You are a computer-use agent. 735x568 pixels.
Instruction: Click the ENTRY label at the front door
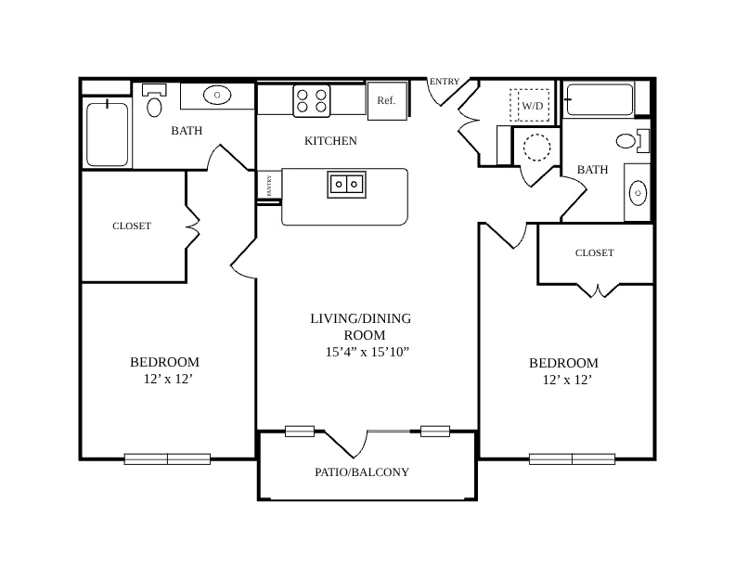point(445,82)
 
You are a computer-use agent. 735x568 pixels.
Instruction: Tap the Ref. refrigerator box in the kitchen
point(387,101)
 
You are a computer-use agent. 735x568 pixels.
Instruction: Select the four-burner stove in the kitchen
point(312,101)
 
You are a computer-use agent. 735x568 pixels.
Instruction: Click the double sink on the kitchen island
point(346,184)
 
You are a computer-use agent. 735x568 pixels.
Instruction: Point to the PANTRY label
point(269,186)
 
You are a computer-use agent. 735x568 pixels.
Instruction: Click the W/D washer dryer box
point(530,106)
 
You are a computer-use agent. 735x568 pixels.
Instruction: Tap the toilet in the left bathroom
point(154,101)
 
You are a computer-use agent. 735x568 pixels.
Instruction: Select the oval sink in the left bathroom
point(217,96)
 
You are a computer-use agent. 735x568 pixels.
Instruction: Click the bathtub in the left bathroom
point(108,134)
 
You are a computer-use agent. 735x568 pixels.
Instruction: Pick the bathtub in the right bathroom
point(600,100)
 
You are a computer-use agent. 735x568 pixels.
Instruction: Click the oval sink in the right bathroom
point(638,193)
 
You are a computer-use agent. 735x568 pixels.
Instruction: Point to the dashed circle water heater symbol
point(536,148)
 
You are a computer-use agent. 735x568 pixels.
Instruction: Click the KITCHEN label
point(330,141)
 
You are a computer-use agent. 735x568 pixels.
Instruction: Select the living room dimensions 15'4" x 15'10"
point(367,352)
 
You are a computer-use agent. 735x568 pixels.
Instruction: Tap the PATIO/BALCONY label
point(362,471)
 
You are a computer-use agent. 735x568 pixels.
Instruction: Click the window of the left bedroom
point(167,459)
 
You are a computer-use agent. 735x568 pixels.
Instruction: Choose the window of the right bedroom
point(573,459)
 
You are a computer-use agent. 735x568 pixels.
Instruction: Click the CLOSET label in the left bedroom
point(132,226)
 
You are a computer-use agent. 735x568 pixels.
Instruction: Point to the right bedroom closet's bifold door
point(598,290)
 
